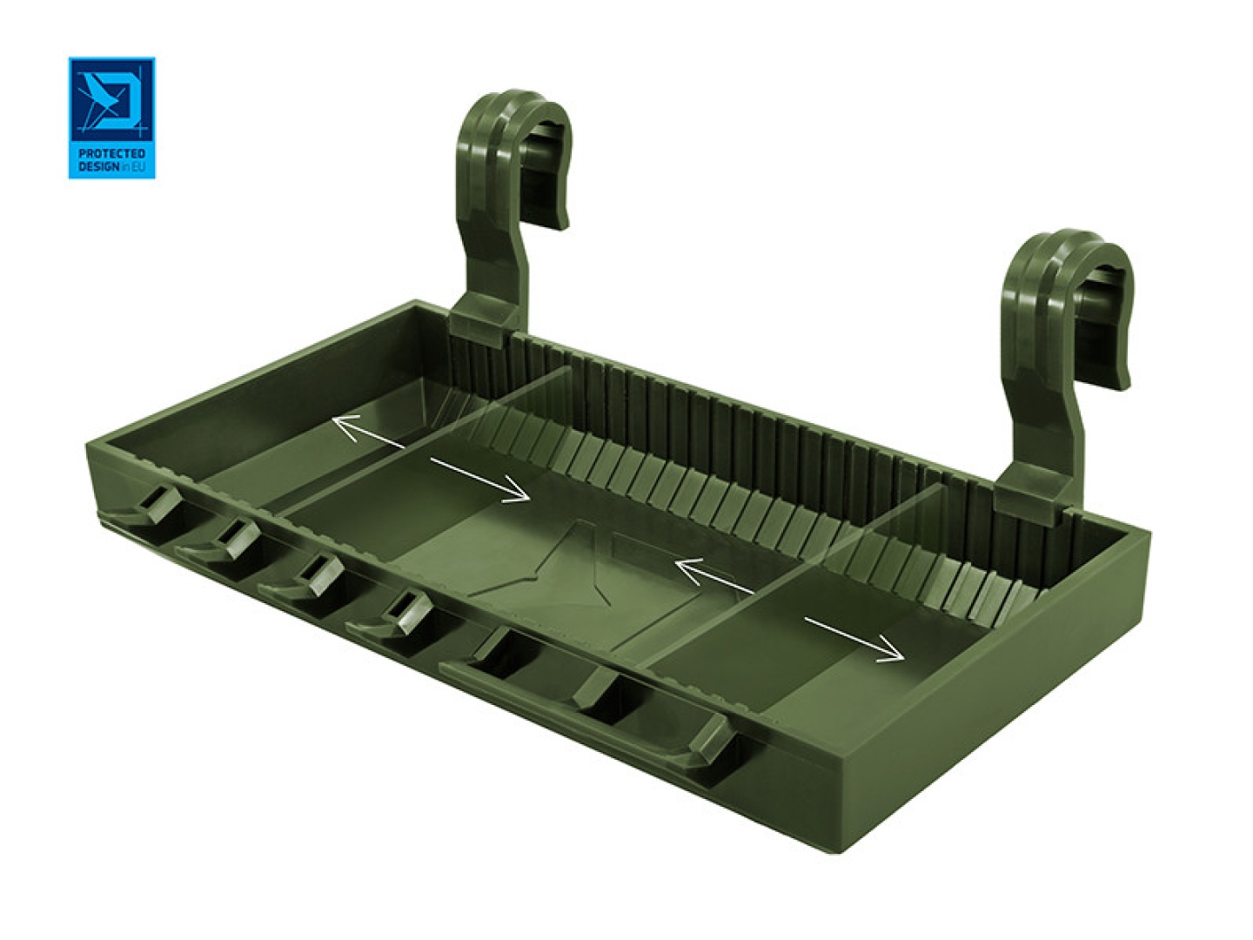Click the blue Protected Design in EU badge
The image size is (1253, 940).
[x=111, y=117]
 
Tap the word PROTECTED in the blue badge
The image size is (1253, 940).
[x=111, y=153]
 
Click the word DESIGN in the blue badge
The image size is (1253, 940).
[x=98, y=165]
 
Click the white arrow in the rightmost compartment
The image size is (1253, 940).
[x=854, y=638]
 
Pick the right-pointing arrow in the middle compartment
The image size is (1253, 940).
[x=479, y=480]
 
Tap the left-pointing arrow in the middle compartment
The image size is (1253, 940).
[x=714, y=576]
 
